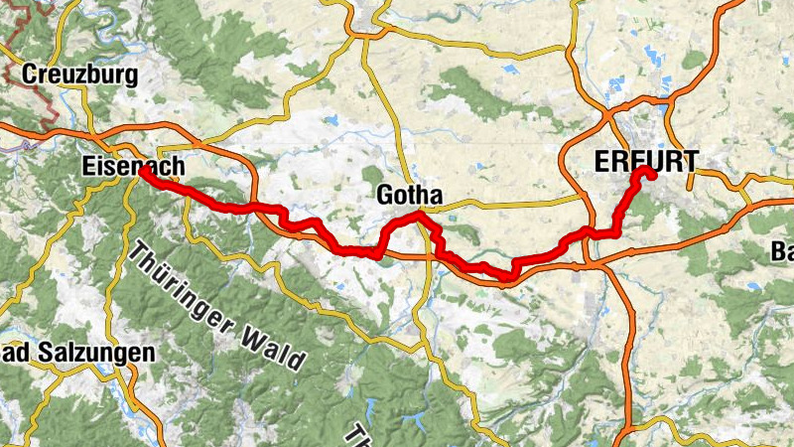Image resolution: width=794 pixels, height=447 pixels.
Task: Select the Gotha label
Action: (x=409, y=195)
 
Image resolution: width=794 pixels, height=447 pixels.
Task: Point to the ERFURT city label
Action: (x=645, y=160)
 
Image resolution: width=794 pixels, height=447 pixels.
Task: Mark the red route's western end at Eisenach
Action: (x=144, y=171)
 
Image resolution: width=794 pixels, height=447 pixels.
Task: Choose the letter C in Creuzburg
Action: (x=29, y=74)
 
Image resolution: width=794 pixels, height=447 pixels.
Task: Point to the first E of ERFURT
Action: (x=600, y=160)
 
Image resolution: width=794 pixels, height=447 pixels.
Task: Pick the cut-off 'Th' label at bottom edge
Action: (x=357, y=436)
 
